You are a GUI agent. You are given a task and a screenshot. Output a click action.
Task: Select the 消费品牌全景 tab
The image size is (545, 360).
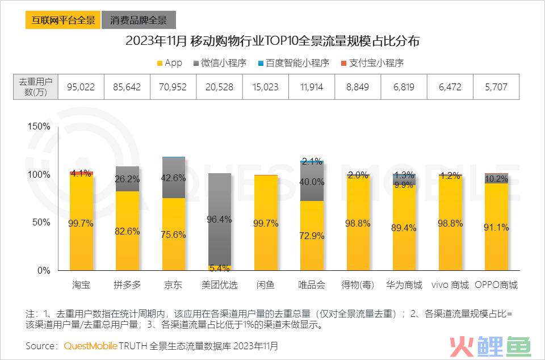point(139,20)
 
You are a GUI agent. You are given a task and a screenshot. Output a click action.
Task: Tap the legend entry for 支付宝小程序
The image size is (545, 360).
point(372,63)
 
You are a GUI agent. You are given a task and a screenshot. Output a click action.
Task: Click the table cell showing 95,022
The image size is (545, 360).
point(81,87)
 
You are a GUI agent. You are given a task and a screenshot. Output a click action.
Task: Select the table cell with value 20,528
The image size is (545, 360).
point(219,87)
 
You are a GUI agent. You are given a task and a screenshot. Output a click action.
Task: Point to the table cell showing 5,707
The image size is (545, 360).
point(496,87)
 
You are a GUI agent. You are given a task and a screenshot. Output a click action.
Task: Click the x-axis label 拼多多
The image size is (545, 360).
point(127,284)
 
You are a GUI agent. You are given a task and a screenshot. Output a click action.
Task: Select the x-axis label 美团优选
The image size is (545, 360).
point(219,284)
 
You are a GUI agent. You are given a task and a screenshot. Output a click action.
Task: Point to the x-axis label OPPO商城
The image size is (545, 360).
point(496,284)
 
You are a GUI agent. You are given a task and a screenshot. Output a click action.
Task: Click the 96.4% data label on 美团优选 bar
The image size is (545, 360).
point(219,219)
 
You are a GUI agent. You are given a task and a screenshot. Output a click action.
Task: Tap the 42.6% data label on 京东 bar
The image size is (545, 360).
point(174,178)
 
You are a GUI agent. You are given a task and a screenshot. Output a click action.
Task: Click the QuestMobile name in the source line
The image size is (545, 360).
point(90,345)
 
